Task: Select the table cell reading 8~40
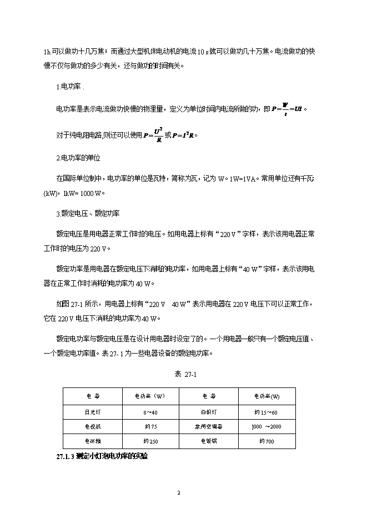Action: (150, 411)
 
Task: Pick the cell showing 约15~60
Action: (267, 411)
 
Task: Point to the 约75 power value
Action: (150, 426)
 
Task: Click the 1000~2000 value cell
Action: (267, 426)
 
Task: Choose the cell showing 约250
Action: (150, 441)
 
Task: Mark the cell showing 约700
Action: (267, 441)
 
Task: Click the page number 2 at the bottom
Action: (179, 493)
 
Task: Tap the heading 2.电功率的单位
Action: (78, 158)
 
